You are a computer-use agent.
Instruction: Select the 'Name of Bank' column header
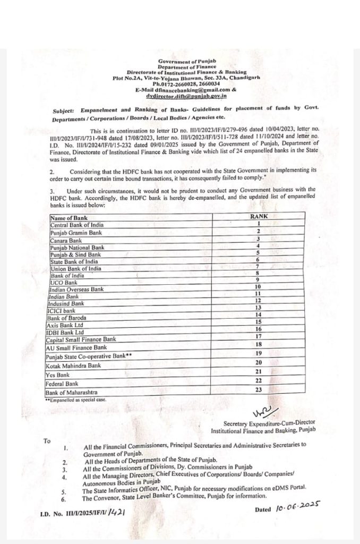coord(68,217)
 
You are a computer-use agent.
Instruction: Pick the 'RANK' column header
coord(259,217)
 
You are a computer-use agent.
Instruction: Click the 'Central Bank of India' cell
coord(76,225)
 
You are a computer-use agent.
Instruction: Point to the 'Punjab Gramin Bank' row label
coord(76,232)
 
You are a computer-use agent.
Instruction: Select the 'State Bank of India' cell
coord(74,261)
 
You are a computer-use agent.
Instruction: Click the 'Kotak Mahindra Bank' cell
coord(73,365)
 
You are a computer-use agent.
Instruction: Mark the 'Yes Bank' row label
coord(58,375)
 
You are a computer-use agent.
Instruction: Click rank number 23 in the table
coord(259,389)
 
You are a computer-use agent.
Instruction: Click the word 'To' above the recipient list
coord(47,441)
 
